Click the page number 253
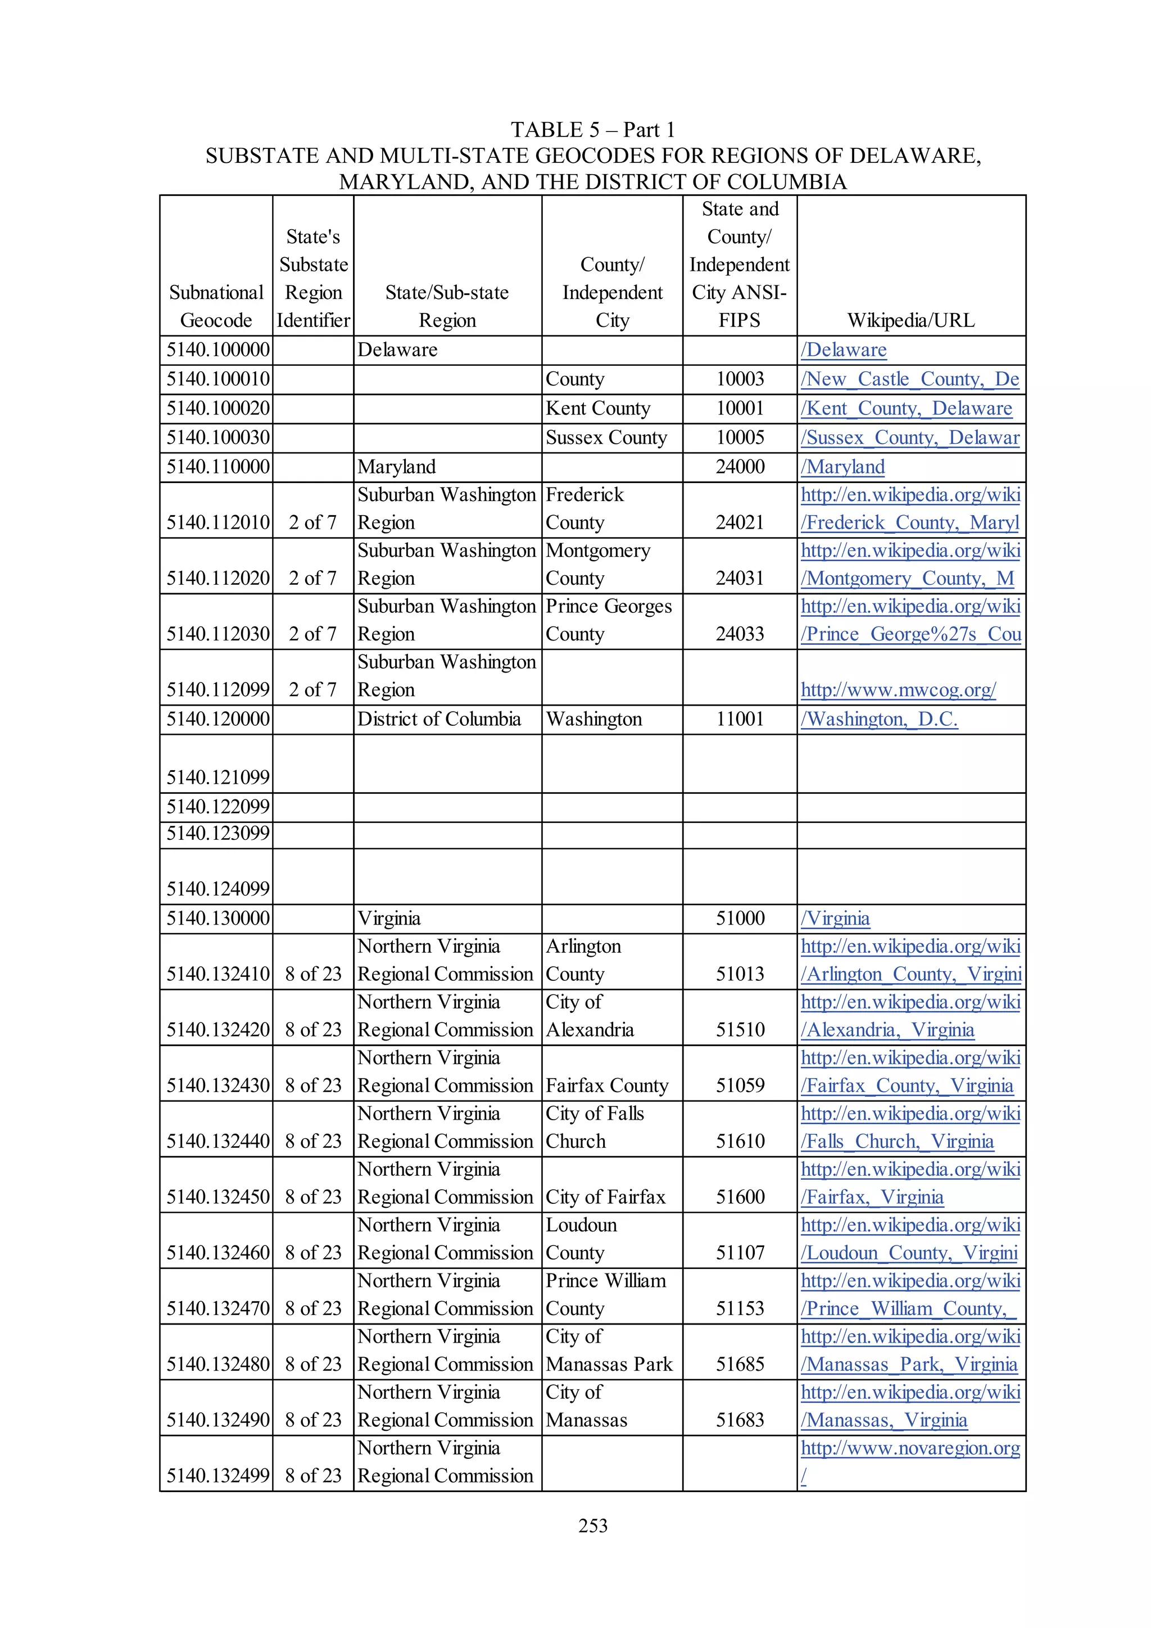592,1525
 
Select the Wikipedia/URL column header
910,321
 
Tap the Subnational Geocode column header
216,306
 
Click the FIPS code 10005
740,438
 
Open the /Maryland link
842,467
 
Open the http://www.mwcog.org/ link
898,689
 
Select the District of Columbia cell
439,719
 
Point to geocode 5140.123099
217,833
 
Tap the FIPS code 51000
740,918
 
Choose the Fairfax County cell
607,1085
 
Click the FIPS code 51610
740,1141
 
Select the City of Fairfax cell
605,1197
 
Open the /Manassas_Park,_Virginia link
908,1364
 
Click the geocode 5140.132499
217,1476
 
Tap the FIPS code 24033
740,634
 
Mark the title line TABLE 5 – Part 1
592,130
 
